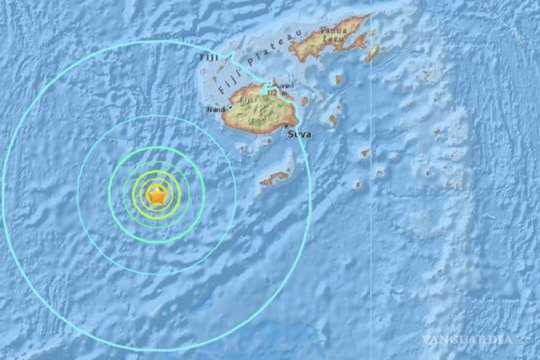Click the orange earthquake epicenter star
(156, 195)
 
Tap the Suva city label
(299, 135)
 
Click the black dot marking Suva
(286, 126)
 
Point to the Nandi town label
(215, 109)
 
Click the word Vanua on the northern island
(333, 31)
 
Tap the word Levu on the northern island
(335, 39)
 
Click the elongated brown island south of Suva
(274, 178)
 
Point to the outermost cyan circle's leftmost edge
(3, 193)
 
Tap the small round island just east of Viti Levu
(305, 101)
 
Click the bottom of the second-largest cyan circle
(157, 274)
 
